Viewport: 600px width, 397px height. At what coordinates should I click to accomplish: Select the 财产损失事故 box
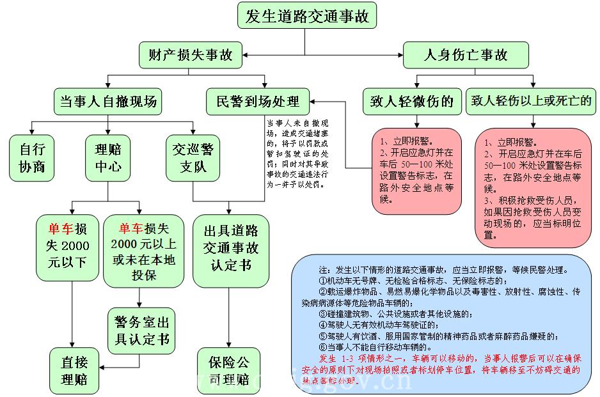(191, 55)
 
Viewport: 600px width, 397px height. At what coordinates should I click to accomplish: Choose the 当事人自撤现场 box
(107, 101)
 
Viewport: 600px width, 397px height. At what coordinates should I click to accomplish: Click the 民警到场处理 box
(257, 101)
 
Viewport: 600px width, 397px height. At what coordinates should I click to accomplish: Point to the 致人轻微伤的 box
(411, 101)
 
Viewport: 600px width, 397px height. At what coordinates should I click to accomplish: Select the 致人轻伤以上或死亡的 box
(531, 101)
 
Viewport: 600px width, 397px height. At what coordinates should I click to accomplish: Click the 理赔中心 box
(107, 158)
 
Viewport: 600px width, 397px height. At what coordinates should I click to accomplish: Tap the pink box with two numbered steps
(417, 171)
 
